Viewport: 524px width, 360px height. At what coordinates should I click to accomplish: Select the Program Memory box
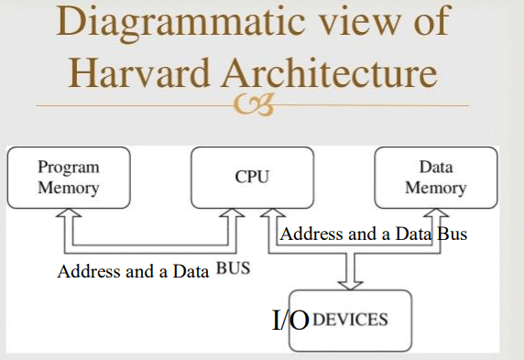pos(69,178)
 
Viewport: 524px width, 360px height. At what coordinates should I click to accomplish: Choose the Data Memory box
pos(435,178)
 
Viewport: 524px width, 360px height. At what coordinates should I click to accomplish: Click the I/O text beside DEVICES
pos(291,321)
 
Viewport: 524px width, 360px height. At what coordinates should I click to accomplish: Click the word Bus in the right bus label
pos(452,234)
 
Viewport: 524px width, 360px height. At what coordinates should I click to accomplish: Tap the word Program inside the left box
pos(69,168)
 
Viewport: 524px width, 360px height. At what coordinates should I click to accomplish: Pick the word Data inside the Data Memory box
pos(435,168)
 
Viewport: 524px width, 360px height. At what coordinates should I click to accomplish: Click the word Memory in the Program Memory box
pos(69,188)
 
